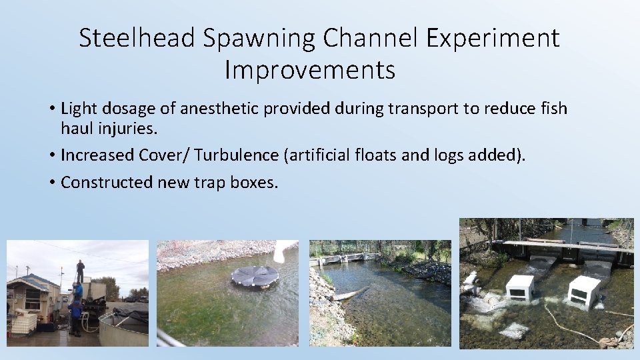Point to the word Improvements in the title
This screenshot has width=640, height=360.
pos(310,69)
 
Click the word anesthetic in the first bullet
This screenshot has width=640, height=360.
pos(213,109)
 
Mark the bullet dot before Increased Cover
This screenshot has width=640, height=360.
pos(51,155)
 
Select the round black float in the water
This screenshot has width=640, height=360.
pos(254,275)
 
